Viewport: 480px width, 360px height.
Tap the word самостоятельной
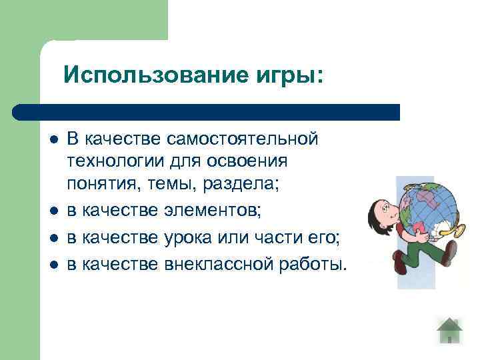(245, 139)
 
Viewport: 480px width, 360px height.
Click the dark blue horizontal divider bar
(207, 111)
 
